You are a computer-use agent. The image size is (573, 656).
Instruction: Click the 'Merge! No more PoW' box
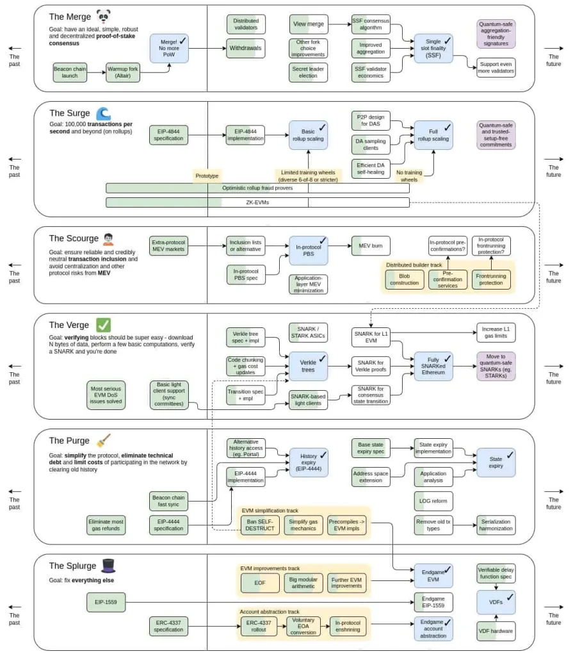(x=169, y=48)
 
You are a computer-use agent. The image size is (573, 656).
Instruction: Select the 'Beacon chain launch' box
(x=70, y=72)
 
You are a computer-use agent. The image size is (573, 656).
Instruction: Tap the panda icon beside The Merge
(x=104, y=17)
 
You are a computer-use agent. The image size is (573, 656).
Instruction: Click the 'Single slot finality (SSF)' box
(x=433, y=49)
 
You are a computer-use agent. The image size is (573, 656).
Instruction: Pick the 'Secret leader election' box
(x=308, y=72)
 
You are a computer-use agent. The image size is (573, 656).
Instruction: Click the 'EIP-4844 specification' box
(x=169, y=135)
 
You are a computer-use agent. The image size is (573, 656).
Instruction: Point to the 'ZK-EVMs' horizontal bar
(x=257, y=202)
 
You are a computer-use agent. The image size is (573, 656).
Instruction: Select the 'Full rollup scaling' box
(x=433, y=135)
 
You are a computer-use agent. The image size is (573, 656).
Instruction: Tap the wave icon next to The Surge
(x=103, y=114)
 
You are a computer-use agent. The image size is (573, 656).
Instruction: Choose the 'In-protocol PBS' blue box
(x=308, y=250)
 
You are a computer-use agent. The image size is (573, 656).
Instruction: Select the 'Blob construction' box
(x=404, y=279)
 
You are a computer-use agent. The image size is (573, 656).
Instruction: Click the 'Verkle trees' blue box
(x=308, y=366)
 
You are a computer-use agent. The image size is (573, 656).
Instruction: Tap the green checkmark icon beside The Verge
(x=103, y=325)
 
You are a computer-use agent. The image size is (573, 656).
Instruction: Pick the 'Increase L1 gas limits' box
(x=496, y=332)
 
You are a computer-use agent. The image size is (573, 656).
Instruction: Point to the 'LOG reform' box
(x=433, y=500)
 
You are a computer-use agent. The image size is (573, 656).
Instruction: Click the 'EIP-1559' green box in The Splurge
(x=106, y=602)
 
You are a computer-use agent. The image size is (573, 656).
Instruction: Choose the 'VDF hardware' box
(x=496, y=631)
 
